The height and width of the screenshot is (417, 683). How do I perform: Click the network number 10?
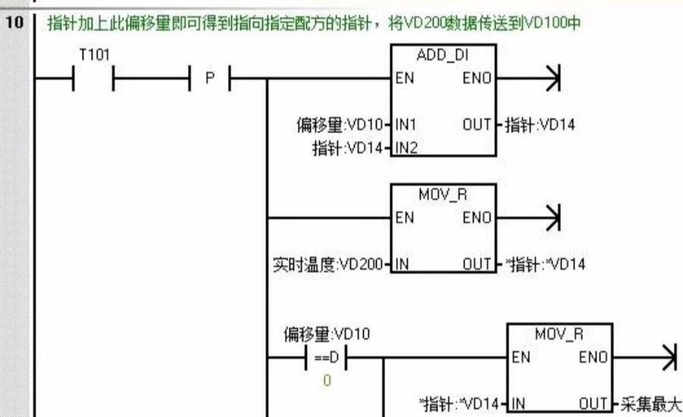(15, 21)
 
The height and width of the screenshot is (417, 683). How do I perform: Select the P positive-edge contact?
(209, 77)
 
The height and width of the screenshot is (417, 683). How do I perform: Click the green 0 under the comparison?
(327, 380)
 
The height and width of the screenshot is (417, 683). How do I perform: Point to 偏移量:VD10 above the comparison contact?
(327, 334)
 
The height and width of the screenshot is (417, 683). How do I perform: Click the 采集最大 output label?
(650, 404)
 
